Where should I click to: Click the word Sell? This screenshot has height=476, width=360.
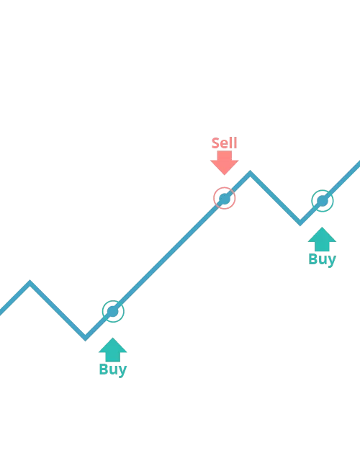[225, 143]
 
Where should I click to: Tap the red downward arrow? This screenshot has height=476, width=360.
[225, 163]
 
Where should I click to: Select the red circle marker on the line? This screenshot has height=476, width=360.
[225, 198]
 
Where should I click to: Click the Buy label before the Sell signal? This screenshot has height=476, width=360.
[113, 369]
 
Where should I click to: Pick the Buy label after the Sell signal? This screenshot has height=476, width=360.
[323, 259]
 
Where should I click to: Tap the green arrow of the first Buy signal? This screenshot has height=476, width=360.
[112, 350]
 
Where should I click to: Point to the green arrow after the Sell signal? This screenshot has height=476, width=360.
[322, 239]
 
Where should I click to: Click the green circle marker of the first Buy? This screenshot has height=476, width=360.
[113, 311]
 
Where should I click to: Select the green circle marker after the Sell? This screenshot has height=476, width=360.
[323, 201]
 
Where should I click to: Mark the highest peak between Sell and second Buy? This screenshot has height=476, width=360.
[250, 172]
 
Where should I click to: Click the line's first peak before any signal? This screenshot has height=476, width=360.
[30, 282]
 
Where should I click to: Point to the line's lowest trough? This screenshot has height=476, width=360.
[85, 338]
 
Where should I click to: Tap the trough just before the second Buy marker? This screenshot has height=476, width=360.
[300, 224]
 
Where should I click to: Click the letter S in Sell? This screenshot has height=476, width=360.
[215, 143]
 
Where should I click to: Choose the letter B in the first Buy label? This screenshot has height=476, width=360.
[104, 369]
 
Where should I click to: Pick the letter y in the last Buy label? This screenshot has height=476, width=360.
[332, 261]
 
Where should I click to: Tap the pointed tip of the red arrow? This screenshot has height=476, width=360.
[225, 175]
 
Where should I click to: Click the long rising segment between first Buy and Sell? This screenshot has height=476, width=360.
[168, 255]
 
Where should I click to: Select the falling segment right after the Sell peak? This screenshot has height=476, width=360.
[275, 198]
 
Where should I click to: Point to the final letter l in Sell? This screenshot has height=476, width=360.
[235, 143]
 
